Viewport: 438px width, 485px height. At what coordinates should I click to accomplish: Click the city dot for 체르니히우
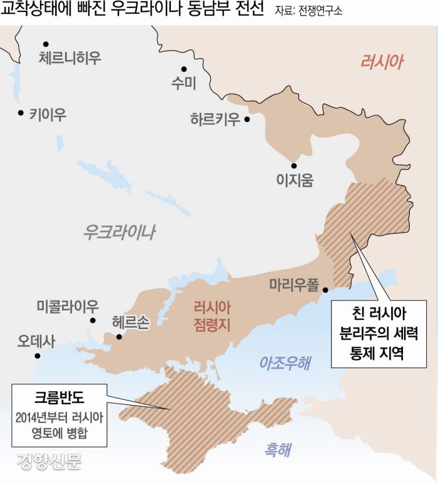pos(46,44)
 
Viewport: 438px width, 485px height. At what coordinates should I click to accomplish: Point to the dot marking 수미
pos(184,69)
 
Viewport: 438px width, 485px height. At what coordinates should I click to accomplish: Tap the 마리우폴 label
pos(293,285)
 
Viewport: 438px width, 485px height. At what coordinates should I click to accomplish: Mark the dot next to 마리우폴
pos(325,290)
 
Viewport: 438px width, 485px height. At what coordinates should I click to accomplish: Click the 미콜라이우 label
pos(68,307)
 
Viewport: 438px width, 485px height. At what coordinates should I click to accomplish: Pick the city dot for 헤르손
pos(118,336)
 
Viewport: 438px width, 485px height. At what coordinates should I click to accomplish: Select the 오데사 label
pos(36,342)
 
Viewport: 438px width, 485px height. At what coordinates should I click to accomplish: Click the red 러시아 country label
pos(382,61)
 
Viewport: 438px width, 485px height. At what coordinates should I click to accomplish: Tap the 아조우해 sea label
pos(285,362)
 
